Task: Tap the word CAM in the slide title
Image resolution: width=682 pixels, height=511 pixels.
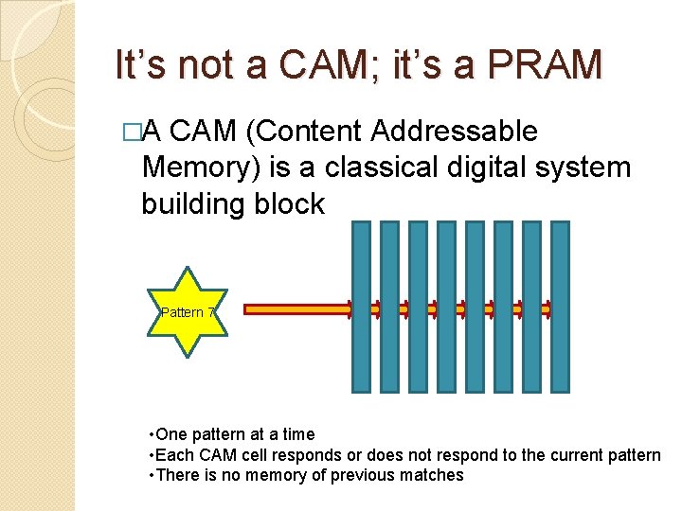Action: point(318,65)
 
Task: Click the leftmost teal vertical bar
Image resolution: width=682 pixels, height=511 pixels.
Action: point(361,306)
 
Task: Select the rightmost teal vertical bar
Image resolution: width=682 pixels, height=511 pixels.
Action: point(561,306)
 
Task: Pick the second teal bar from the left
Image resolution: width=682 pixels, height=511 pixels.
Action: point(389,306)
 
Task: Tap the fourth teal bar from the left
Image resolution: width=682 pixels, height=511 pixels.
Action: point(446,306)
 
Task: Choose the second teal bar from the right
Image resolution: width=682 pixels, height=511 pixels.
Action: point(532,306)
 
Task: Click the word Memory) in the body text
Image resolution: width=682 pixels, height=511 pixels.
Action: point(200,168)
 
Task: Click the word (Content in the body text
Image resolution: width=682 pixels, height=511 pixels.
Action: point(298,132)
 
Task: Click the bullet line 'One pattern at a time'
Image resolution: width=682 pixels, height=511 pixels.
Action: point(235,434)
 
